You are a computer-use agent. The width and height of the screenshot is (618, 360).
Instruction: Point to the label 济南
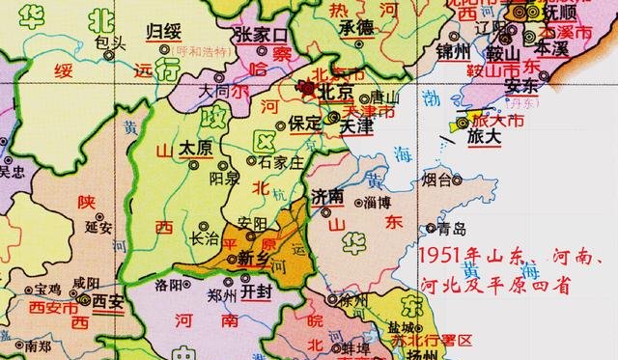[x=328, y=195]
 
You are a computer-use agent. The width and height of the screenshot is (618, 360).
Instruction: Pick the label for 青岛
[x=451, y=229]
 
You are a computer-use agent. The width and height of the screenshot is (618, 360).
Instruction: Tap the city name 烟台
[x=436, y=180]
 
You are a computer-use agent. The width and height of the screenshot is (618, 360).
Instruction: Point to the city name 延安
[x=98, y=229]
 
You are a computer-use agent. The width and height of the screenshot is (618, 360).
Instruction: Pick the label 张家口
[x=262, y=36]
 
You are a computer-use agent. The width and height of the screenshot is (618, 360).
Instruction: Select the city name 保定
[x=304, y=124]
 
